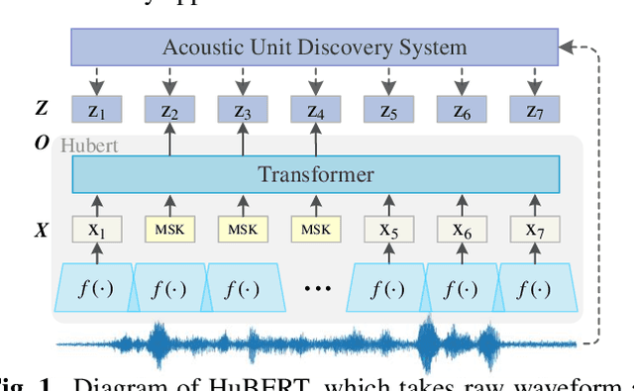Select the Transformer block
point(315,175)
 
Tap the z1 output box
point(97,109)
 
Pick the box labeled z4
point(316,109)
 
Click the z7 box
point(534,109)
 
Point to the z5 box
point(388,109)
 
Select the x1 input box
point(97,230)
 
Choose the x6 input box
point(462,230)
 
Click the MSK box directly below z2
point(170,230)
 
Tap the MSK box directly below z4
point(316,230)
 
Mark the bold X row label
point(41,230)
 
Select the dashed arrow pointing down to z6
point(462,79)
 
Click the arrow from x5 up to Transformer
point(388,204)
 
